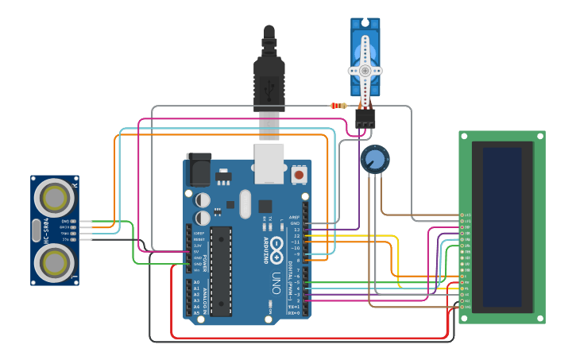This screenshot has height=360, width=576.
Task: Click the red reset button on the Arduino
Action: point(299,173)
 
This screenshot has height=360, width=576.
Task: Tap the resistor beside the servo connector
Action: point(338,106)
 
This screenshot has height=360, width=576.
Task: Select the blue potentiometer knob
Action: point(375,159)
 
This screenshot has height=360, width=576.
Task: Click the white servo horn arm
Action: point(365,70)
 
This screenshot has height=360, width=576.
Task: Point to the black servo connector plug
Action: point(365,118)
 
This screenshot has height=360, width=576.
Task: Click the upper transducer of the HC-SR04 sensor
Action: point(55,195)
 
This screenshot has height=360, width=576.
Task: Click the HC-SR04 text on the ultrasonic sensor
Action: point(46,230)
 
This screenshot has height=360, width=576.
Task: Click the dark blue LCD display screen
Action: point(502,227)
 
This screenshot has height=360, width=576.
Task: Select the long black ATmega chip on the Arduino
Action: point(221,270)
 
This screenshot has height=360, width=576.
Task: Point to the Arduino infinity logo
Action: point(276,247)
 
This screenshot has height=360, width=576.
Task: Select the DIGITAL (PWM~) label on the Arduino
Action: point(289,270)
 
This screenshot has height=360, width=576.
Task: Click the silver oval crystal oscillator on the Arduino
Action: point(245,203)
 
